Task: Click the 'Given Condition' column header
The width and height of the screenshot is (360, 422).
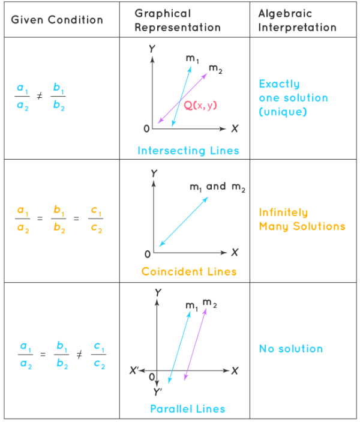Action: [57, 19]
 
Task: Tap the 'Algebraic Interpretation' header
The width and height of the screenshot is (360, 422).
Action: [297, 20]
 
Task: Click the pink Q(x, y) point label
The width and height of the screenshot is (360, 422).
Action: [200, 105]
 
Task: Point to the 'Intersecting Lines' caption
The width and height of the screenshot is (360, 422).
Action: [188, 150]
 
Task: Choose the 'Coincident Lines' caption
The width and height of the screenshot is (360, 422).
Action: [189, 271]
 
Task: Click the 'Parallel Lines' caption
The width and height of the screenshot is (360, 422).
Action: [188, 409]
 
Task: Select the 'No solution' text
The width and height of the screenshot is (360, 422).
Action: [291, 349]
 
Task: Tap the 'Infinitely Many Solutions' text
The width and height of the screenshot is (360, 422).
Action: [302, 219]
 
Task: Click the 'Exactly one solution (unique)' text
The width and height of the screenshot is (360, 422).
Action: [293, 98]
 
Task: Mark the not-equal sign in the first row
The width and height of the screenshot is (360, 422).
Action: [40, 95]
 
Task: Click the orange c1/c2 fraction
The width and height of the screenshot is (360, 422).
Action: [97, 219]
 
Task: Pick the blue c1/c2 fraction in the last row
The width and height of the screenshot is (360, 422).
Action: [99, 354]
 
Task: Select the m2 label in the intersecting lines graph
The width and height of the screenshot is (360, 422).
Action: [215, 70]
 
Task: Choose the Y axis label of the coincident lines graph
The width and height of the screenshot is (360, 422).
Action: [154, 173]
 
